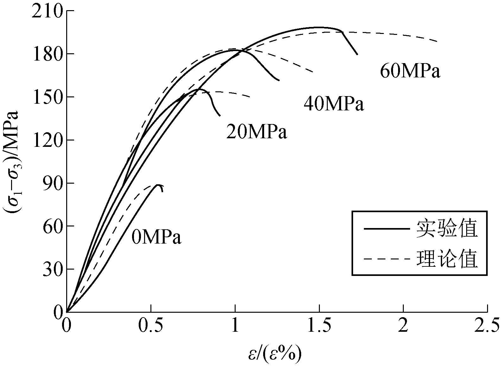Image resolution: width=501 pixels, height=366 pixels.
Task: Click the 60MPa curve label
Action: (x=410, y=71)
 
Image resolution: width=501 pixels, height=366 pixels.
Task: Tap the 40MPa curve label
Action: (x=334, y=104)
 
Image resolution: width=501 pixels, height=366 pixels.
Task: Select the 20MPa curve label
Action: (x=257, y=132)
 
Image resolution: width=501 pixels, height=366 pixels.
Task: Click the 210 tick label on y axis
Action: (x=46, y=11)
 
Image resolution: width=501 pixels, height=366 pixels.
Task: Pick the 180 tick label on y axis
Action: (x=46, y=54)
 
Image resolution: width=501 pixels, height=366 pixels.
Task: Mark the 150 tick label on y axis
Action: (x=46, y=97)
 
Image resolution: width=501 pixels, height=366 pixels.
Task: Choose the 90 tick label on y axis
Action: (x=51, y=183)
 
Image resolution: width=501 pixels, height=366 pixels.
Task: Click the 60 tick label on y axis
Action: (x=51, y=226)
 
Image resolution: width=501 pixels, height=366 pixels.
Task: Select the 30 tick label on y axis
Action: (x=51, y=269)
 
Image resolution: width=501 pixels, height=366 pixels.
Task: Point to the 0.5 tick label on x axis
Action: (x=151, y=326)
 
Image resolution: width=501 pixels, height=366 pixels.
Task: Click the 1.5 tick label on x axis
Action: (x=319, y=326)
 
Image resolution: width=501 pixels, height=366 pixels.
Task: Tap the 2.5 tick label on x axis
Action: (x=487, y=326)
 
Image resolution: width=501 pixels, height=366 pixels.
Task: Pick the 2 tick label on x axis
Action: (x=403, y=326)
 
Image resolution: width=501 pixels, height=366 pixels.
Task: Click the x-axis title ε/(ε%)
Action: (x=275, y=355)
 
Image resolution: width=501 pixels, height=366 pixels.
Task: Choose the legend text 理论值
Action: (x=447, y=259)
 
